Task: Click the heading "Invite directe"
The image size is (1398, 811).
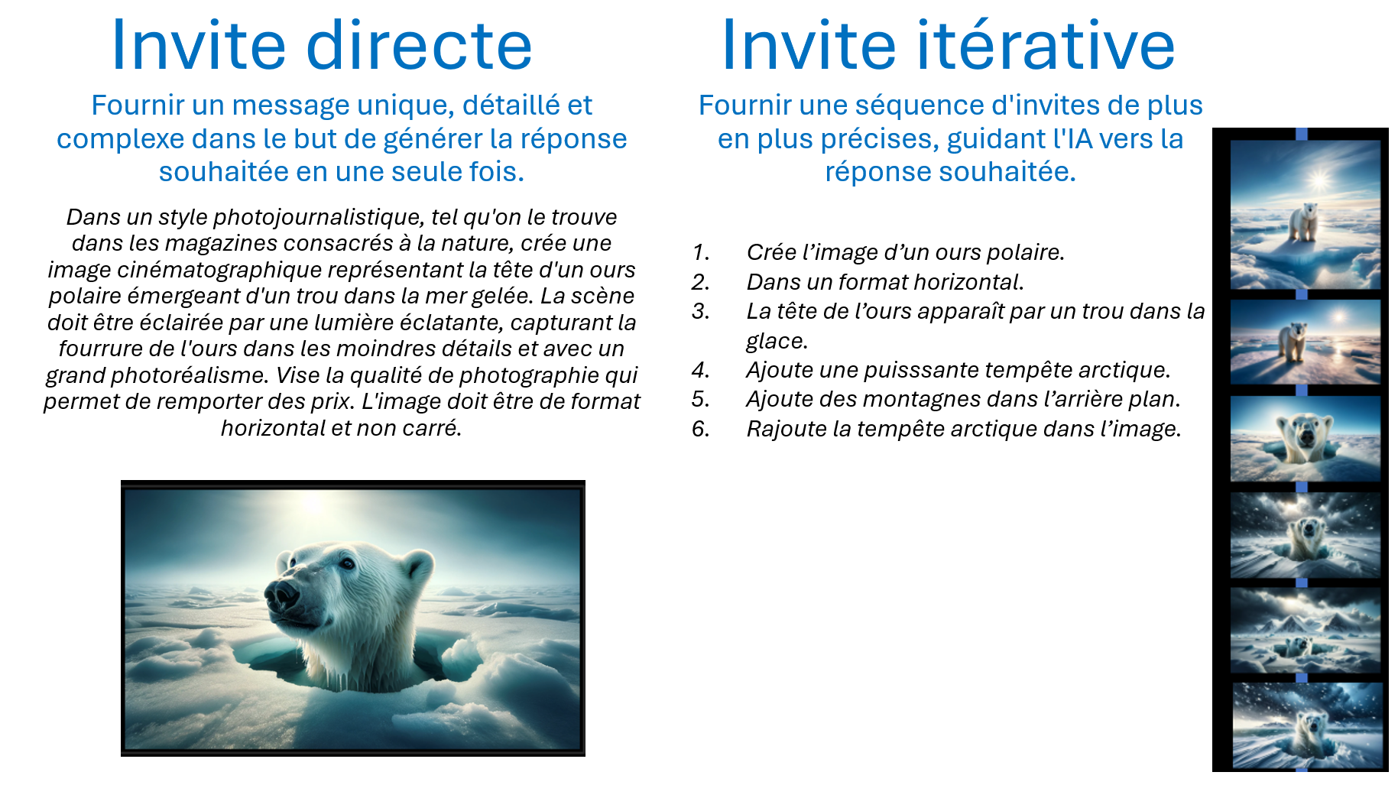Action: pyautogui.click(x=322, y=46)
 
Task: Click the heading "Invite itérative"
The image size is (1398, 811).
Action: pyautogui.click(x=948, y=46)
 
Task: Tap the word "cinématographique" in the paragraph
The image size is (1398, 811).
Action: pyautogui.click(x=252, y=270)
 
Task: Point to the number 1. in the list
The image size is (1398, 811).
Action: pyautogui.click(x=701, y=252)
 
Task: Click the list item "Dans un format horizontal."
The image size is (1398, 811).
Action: pyautogui.click(x=885, y=282)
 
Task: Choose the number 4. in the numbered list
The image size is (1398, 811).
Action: pyautogui.click(x=701, y=370)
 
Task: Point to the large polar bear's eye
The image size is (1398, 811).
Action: pyautogui.click(x=348, y=563)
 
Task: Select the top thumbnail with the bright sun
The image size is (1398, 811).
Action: pyautogui.click(x=1306, y=215)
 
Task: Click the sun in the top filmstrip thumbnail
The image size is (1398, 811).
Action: pyautogui.click(x=1319, y=180)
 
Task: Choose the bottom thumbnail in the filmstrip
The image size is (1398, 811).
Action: pyautogui.click(x=1307, y=725)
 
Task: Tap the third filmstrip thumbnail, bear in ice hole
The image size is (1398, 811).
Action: pyautogui.click(x=1306, y=439)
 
